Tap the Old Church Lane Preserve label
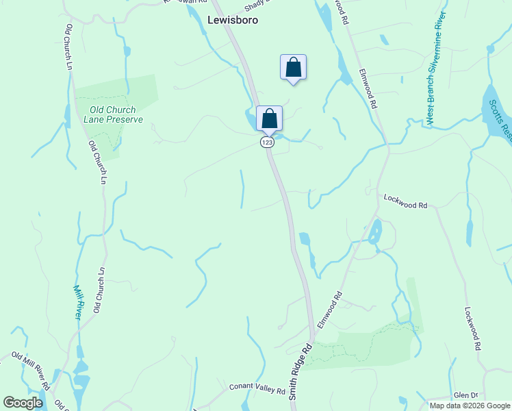coord(113,114)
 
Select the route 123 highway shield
coord(267,142)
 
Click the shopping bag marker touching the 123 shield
coord(269,118)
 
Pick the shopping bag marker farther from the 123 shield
coord(293,68)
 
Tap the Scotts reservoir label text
coord(500,121)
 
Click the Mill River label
coord(78,301)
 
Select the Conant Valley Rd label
coord(257,390)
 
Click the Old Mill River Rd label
coord(31,370)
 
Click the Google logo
coord(23,403)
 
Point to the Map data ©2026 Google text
coord(470,406)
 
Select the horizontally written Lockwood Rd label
coord(405,205)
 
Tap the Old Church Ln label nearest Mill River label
coord(99,290)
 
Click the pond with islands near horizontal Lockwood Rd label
coord(374,234)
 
